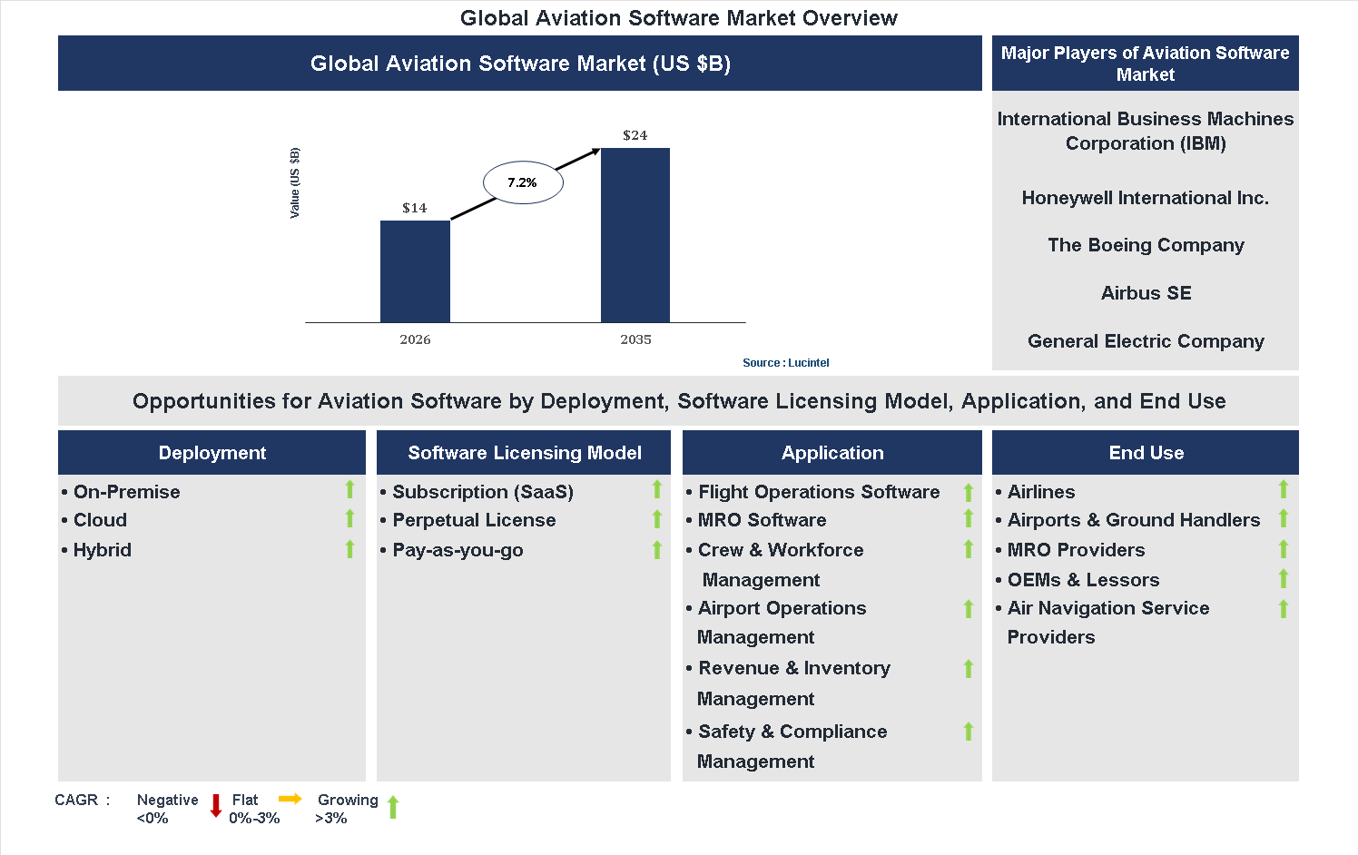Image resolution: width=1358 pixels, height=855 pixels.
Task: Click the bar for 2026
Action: tap(415, 271)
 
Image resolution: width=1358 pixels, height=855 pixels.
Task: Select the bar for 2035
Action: tap(635, 235)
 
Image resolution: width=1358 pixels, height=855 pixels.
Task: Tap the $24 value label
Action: tap(635, 135)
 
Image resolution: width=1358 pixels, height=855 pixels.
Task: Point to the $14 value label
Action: tap(415, 208)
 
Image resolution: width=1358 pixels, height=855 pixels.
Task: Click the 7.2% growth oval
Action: tap(523, 182)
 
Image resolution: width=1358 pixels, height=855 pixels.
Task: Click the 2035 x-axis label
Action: tap(635, 339)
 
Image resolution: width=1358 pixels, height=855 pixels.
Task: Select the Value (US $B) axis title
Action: tap(294, 182)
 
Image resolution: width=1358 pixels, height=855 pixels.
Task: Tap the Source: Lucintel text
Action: tap(785, 362)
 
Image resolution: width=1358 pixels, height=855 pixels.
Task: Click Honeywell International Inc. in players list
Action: tap(1145, 198)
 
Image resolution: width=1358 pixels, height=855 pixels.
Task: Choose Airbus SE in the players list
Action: tap(1146, 293)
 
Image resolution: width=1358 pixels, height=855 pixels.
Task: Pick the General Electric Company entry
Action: tap(1146, 341)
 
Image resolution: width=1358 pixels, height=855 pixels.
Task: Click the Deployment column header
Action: tap(212, 453)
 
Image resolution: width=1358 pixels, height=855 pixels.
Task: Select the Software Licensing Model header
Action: tap(524, 453)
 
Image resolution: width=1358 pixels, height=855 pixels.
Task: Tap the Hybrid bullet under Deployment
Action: tap(102, 550)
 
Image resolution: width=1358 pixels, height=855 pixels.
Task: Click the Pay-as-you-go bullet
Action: tap(458, 550)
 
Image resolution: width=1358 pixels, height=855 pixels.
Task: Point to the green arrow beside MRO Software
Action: tap(969, 519)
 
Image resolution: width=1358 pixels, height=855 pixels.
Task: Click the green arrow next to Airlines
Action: tap(1284, 490)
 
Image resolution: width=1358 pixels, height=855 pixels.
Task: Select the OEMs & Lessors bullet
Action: tap(1083, 580)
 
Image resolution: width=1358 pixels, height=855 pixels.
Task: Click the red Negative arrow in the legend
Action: tap(216, 805)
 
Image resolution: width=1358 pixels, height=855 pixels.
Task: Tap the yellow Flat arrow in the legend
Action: tap(290, 799)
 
